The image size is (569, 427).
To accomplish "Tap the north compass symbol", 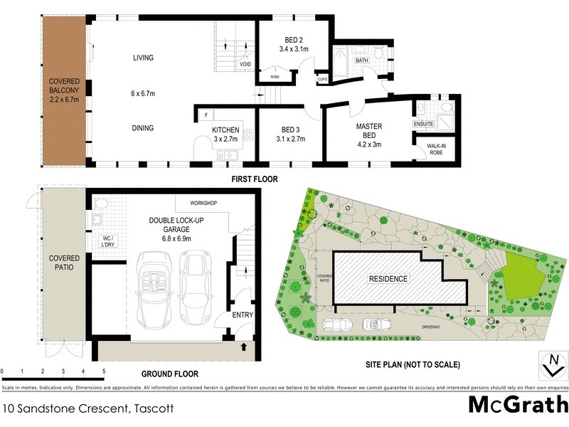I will coord(551,364).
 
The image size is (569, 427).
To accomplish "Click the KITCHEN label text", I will coord(226,130).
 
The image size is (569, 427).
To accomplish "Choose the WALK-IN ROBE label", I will coord(436,149).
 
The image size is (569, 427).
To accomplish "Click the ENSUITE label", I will coord(424,124).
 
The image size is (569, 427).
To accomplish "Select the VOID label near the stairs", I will coord(245,64).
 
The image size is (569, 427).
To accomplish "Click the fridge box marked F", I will coord(206,115).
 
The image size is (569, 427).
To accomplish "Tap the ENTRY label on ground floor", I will coord(243,315).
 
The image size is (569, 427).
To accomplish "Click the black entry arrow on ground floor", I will coord(245,347).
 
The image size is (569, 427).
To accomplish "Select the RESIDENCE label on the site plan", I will coord(388,278).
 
